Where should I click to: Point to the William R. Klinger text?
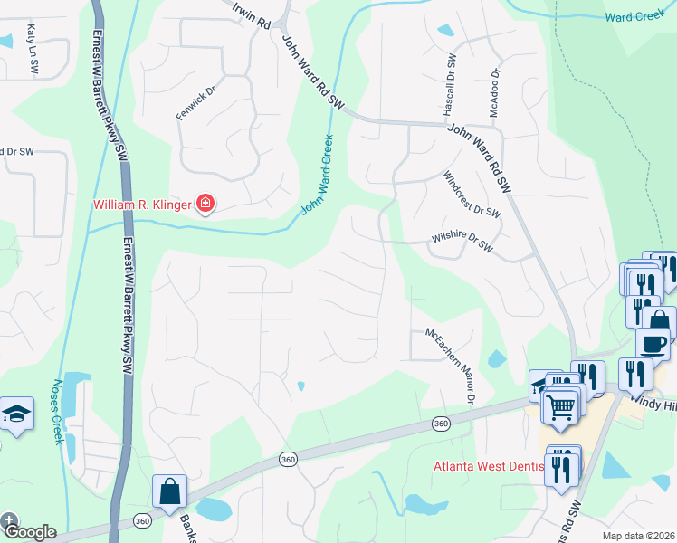click(x=142, y=205)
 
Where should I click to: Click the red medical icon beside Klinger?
click(x=205, y=204)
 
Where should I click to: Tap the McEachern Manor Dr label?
click(x=450, y=366)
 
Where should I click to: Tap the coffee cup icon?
click(x=653, y=345)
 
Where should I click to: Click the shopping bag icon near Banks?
click(x=169, y=492)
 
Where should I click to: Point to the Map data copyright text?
click(x=638, y=536)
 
